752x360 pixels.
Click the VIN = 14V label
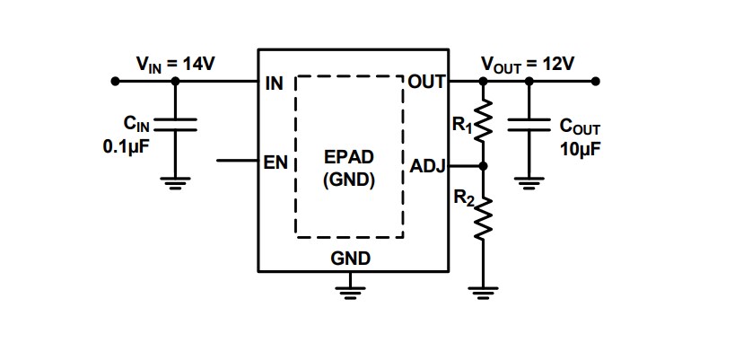coord(175,63)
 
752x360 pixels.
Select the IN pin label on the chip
coord(274,83)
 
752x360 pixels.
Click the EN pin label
coord(274,163)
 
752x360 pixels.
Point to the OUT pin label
coord(427,83)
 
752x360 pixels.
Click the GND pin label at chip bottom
coord(351,259)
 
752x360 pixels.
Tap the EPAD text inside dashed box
coord(349,157)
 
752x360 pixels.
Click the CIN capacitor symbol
coord(176,125)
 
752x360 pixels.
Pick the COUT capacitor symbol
coord(529,126)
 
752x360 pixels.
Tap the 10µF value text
coord(579,148)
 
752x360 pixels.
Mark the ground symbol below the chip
coord(351,287)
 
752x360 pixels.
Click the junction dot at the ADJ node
coord(483,166)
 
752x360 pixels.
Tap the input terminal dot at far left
coord(115,82)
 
